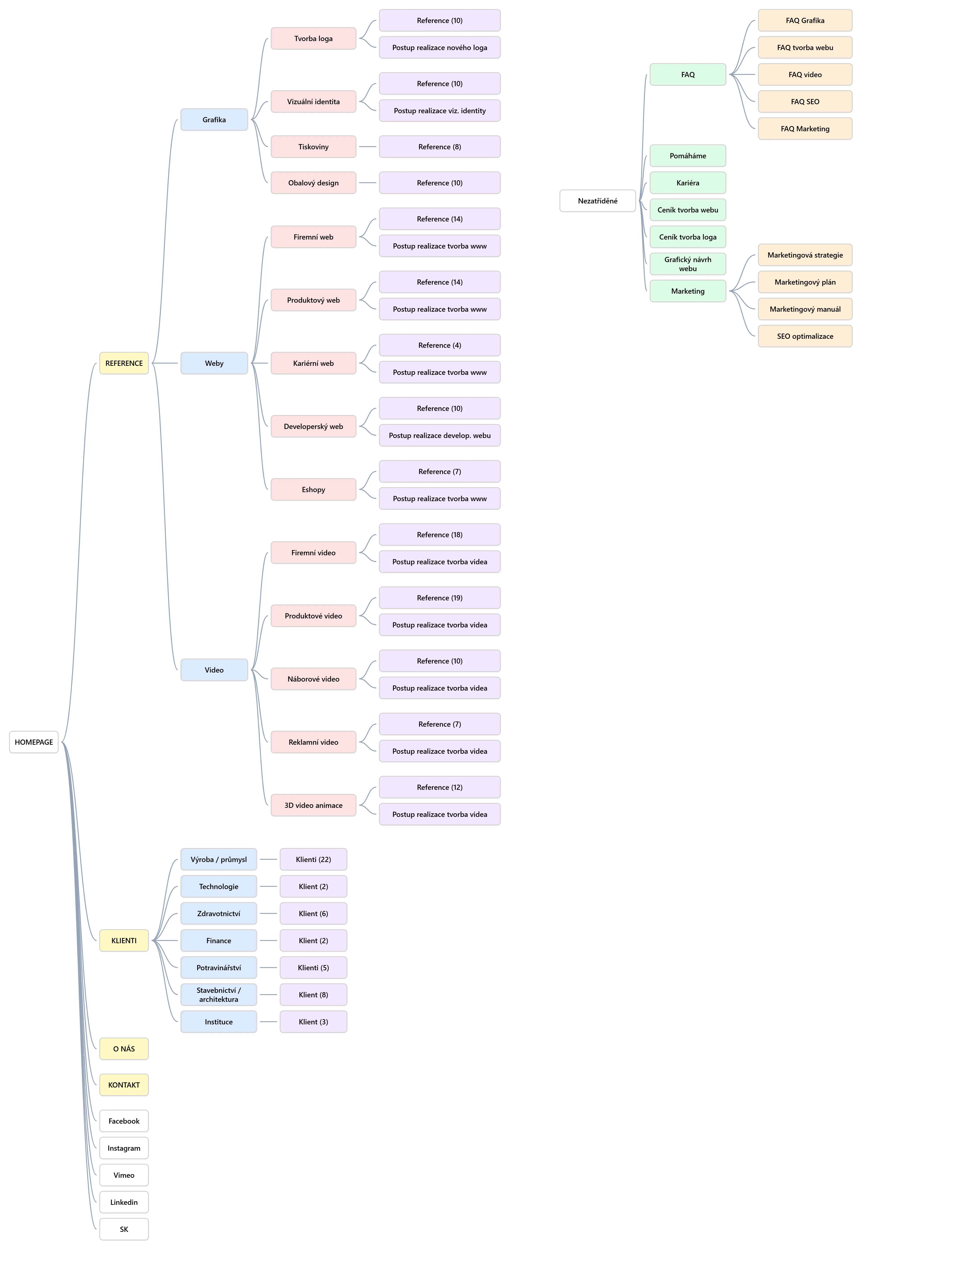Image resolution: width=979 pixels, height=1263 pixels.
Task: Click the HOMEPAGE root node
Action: coord(34,742)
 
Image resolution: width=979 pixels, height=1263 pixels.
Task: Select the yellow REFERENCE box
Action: coord(124,363)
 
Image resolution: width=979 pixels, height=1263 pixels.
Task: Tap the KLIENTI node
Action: coord(124,940)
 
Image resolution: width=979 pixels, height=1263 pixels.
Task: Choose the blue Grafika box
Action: coord(214,120)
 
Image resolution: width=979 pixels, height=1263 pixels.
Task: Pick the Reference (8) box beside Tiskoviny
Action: coord(439,147)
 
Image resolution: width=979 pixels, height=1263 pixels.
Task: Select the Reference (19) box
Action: coord(439,598)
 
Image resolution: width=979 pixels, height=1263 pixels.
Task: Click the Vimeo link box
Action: coord(124,1175)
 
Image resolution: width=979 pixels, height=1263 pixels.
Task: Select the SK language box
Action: coord(124,1229)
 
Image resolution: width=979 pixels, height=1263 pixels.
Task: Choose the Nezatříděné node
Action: coord(597,201)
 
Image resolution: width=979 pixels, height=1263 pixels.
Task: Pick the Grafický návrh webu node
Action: coord(688,264)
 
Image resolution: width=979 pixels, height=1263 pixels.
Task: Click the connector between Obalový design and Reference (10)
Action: coord(367,183)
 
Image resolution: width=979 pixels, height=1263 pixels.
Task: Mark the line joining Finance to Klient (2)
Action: coord(268,940)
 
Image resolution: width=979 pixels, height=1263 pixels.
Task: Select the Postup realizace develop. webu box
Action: coord(439,436)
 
